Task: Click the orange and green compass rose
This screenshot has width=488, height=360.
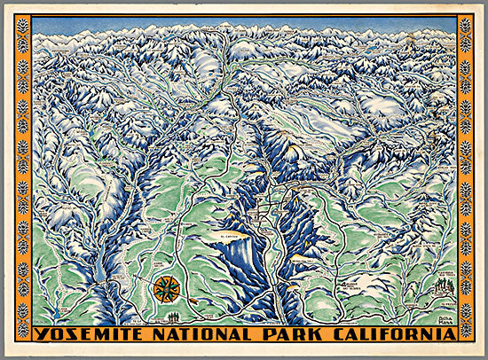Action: coord(165,288)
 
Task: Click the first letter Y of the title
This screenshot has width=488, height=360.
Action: coord(41,334)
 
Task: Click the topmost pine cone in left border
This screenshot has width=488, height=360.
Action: coord(22,25)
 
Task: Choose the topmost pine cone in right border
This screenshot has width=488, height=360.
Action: coord(465,25)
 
